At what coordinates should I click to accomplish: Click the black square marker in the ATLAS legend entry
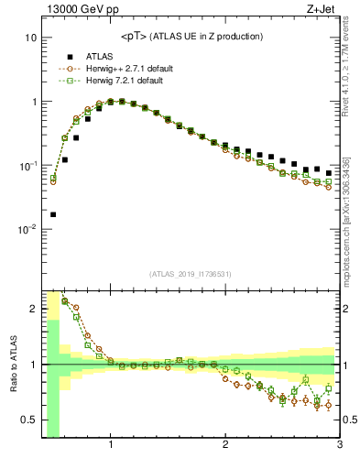pyautogui.click(x=69, y=56)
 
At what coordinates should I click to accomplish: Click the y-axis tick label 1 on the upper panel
pyautogui.click(x=32, y=102)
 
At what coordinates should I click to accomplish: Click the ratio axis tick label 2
pyautogui.click(x=32, y=309)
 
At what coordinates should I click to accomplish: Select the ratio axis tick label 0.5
pyautogui.click(x=28, y=420)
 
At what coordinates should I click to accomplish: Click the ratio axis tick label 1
pyautogui.click(x=32, y=365)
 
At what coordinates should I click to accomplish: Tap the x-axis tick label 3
pyautogui.click(x=339, y=445)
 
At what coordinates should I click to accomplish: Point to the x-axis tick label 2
pyautogui.click(x=225, y=445)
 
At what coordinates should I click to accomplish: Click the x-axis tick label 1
pyautogui.click(x=111, y=445)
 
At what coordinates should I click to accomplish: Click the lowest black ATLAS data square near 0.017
pyautogui.click(x=52, y=214)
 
